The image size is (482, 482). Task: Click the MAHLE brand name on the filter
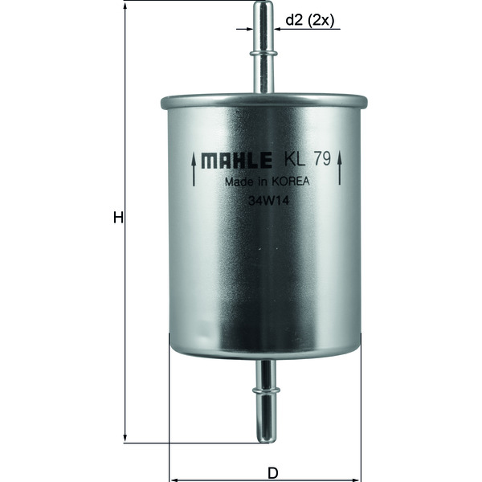pos(235,160)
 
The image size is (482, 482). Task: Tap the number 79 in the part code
pos(322,159)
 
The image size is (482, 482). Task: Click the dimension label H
pos(117,218)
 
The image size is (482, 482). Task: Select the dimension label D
pos(272,472)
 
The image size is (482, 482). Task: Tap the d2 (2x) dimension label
pos(309,21)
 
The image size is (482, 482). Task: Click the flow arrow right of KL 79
pos(341,170)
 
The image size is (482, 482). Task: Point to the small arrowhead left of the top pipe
pos(251,30)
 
